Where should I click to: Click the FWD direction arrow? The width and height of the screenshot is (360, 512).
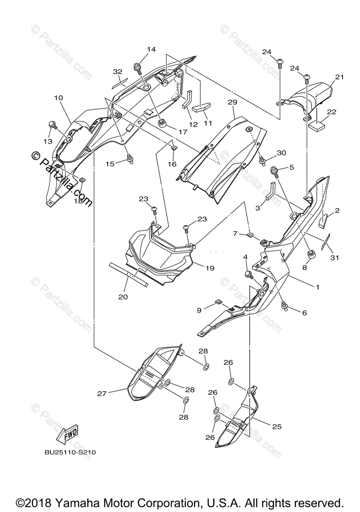(67, 434)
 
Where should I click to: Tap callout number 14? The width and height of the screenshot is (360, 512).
(151, 49)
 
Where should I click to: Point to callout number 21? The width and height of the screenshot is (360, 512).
(339, 77)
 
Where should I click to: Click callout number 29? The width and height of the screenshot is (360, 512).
(232, 103)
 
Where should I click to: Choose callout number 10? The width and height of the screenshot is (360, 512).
(59, 98)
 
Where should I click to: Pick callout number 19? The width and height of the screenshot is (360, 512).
(209, 268)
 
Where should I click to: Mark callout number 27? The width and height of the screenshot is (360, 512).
(102, 394)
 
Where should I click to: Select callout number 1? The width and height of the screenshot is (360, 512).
(317, 287)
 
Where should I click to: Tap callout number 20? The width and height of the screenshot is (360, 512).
(123, 297)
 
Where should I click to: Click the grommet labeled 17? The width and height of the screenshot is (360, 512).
(162, 124)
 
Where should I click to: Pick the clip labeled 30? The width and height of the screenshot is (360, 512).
(261, 160)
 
